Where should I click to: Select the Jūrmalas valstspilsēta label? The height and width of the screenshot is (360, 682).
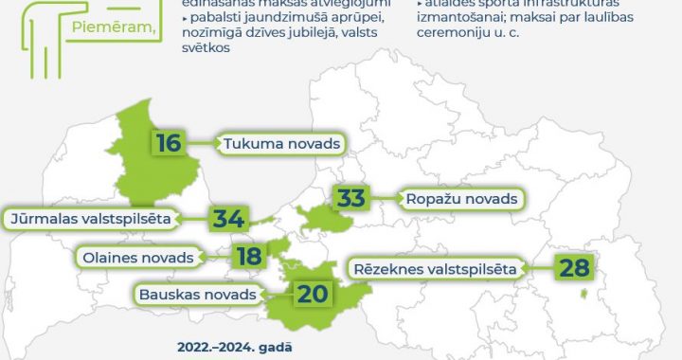pos(90,219)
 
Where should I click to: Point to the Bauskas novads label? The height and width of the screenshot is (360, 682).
pos(197,294)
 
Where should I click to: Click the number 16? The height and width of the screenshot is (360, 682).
pos(169,143)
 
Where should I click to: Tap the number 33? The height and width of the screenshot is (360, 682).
pos(350,198)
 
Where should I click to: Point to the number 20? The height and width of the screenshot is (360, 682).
pos(312,294)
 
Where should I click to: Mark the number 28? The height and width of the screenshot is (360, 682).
pos(574,267)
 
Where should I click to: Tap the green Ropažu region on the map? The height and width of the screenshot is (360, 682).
pos(322,220)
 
